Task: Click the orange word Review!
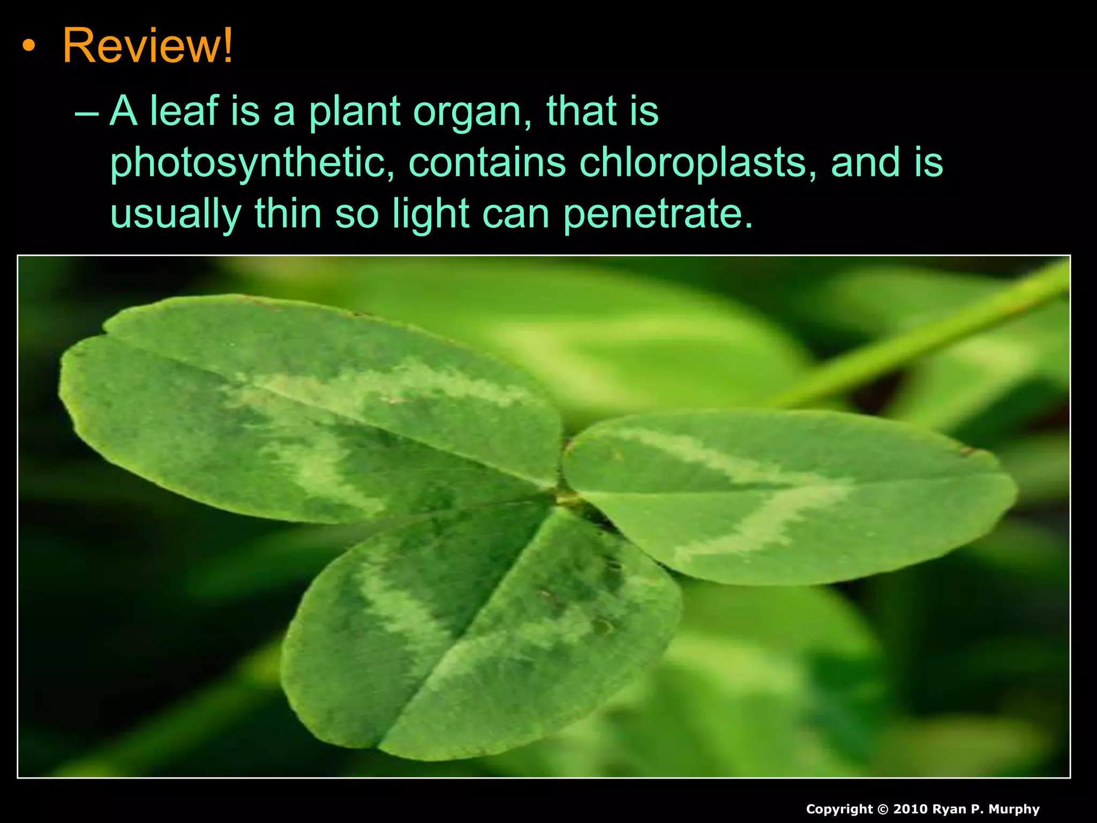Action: click(148, 46)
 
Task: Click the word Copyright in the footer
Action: click(839, 809)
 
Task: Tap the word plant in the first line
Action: click(354, 111)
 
